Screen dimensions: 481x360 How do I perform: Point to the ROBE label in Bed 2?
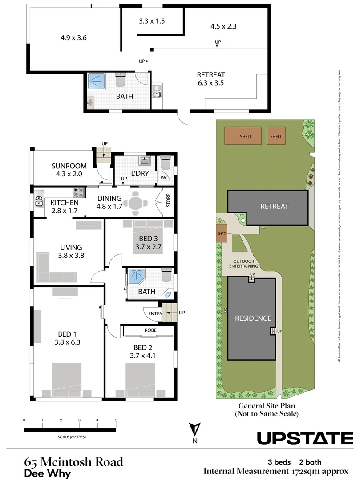(x=150, y=331)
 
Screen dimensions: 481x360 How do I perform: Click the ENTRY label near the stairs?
(x=155, y=314)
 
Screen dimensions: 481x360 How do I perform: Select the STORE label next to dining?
(x=168, y=203)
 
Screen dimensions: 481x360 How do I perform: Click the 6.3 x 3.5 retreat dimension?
(x=211, y=83)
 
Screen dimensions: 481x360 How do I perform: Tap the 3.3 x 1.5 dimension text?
(x=152, y=21)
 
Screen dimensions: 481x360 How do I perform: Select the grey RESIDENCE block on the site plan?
(x=253, y=318)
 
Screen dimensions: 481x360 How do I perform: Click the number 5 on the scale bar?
(x=116, y=420)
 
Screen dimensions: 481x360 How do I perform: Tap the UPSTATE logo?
(x=305, y=438)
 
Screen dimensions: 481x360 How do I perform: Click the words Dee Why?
(x=48, y=473)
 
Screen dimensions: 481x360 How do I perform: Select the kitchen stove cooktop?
(x=79, y=192)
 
